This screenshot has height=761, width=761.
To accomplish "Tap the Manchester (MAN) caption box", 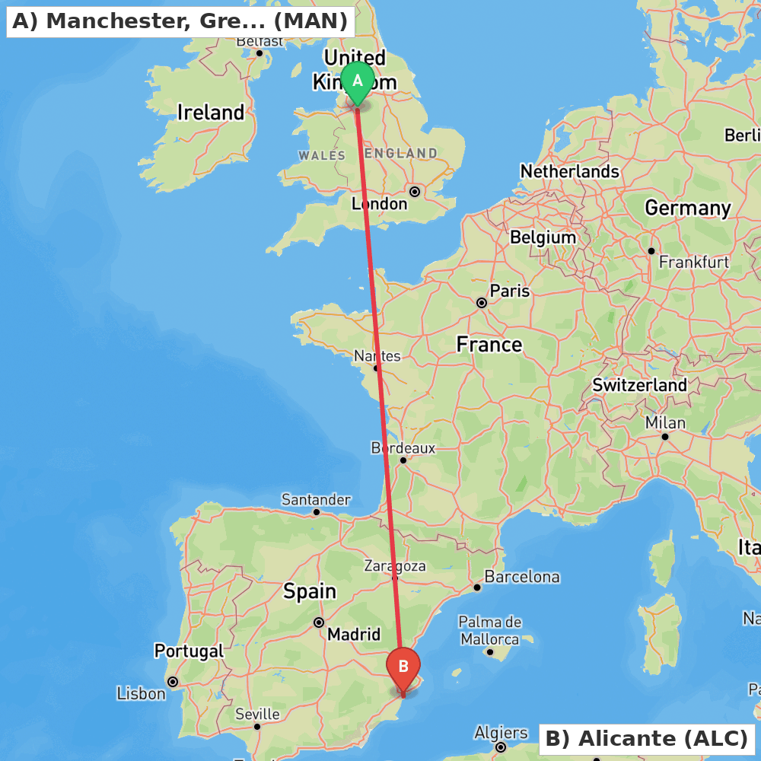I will pos(180,21).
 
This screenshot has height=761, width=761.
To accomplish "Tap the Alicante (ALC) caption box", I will pos(647,738).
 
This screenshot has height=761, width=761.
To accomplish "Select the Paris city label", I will pos(509,291).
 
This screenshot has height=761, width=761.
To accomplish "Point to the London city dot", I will pos(415,192).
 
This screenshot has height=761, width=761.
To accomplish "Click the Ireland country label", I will pos(211,113).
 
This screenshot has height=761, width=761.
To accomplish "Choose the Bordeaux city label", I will pos(403,447).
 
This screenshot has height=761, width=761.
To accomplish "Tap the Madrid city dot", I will pos(319,622).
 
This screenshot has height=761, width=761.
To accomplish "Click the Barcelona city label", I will pos(521,577).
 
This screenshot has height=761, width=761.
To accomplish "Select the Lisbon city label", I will pos(141,693).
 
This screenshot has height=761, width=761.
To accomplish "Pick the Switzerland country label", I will pos(639,385).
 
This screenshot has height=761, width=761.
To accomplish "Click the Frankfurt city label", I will pos(693,262).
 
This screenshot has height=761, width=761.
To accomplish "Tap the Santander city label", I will pos(316,500).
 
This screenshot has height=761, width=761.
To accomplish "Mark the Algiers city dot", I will pos(501,747).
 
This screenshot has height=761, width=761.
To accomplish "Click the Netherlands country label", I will pos(569,172).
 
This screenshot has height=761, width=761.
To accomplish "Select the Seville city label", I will pos(257,715).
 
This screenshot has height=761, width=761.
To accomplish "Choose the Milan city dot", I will pos(665,437).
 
